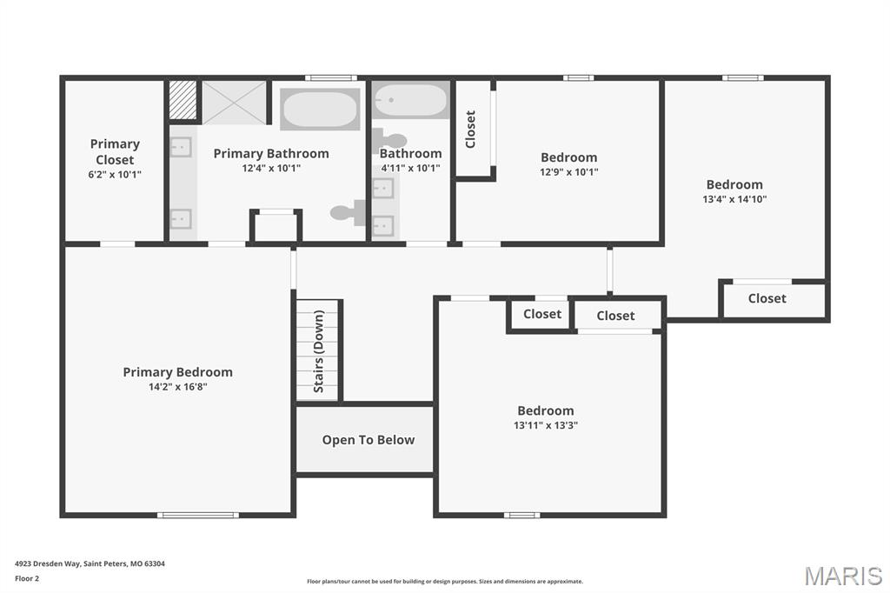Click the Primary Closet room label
115,151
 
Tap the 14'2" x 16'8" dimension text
177,387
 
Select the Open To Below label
369,440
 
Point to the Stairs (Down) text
318,351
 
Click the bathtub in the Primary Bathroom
320,109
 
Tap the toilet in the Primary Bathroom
349,212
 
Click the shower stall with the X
235,103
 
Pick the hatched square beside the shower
183,100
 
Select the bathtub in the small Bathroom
411,100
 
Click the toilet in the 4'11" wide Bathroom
389,141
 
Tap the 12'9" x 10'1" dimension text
568,172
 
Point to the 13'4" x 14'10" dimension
734,199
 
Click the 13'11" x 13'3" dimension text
546,425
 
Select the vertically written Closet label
470,130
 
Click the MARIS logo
843,576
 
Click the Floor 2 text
27,579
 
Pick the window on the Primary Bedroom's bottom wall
197,516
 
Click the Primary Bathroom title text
271,153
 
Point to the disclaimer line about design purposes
445,582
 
